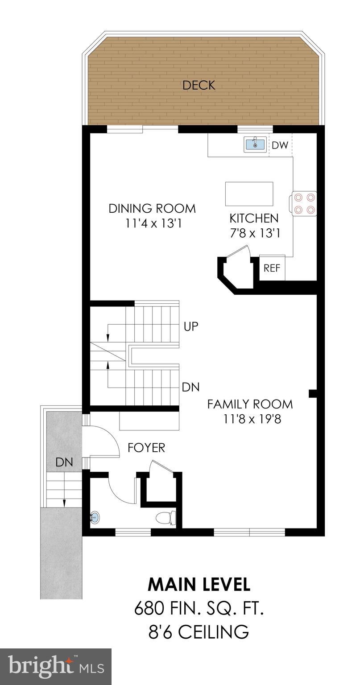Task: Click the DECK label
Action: (x=199, y=85)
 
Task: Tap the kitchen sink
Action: (x=255, y=144)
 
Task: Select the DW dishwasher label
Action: (x=280, y=145)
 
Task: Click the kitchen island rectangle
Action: (x=249, y=194)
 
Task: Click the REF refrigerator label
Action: (x=272, y=268)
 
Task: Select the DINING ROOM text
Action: (x=152, y=208)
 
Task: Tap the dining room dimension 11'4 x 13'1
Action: (x=152, y=223)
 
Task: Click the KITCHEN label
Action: (x=254, y=218)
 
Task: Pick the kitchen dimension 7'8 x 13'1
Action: (x=255, y=233)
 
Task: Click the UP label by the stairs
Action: (x=190, y=326)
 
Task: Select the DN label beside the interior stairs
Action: (x=190, y=387)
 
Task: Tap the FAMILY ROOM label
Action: (x=250, y=404)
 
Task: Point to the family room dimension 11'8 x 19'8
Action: (x=250, y=419)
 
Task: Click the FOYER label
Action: (x=146, y=447)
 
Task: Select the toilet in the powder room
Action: (x=166, y=518)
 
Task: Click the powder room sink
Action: (x=94, y=518)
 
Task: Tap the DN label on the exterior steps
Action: (x=64, y=462)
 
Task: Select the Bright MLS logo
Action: (x=56, y=666)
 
